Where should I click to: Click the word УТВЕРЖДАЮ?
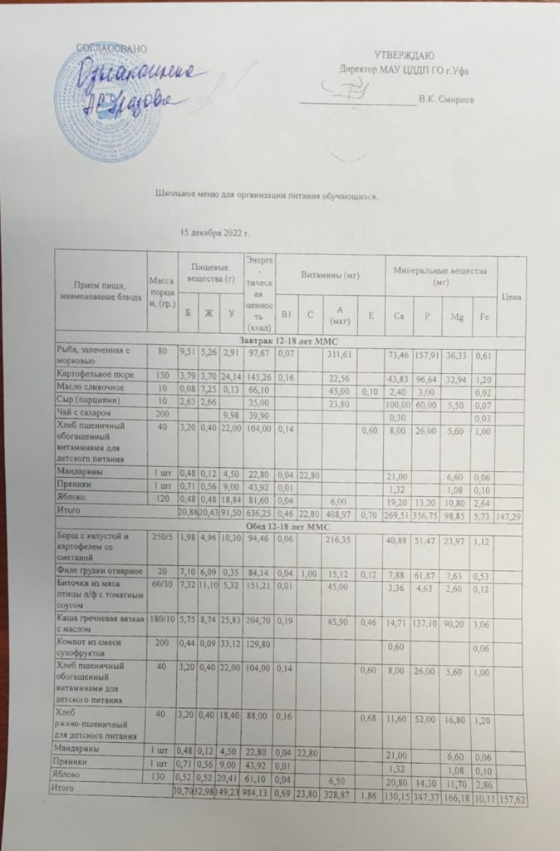(x=404, y=55)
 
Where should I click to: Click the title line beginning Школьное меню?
(x=268, y=196)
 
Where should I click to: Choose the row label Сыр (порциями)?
(x=86, y=415)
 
